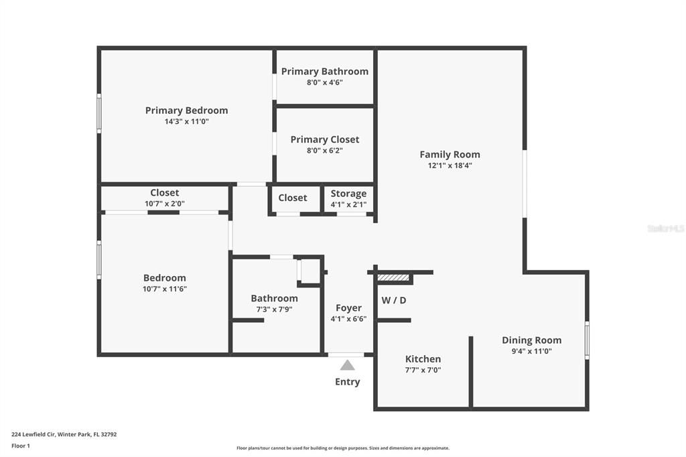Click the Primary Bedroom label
(186, 111)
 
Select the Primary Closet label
(324, 139)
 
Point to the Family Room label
(450, 154)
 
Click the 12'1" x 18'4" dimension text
(450, 166)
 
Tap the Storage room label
(348, 194)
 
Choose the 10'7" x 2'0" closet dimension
(164, 204)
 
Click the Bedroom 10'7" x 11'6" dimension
(164, 289)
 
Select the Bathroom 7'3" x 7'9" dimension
(274, 310)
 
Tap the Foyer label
(348, 308)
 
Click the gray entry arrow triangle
(347, 365)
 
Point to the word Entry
(347, 382)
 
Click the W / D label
(393, 300)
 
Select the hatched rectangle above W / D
(393, 277)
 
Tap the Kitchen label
(423, 359)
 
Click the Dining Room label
(531, 340)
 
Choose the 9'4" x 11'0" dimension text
(531, 351)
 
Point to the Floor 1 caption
(21, 446)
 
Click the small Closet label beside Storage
(293, 198)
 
